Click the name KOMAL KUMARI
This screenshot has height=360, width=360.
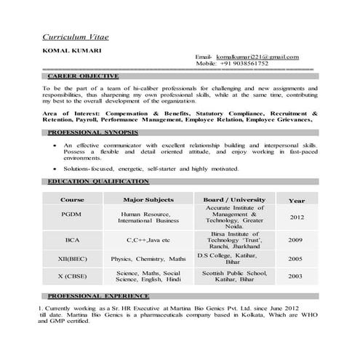point(64,50)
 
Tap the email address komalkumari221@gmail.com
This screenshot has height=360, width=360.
point(252,57)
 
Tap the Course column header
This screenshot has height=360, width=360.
point(72,199)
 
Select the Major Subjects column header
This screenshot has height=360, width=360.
point(148,199)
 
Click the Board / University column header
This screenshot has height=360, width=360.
point(234,199)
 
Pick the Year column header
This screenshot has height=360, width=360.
point(296,200)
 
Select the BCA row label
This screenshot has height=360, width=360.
point(72,239)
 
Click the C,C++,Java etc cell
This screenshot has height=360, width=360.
point(148,239)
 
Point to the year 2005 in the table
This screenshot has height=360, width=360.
point(295,258)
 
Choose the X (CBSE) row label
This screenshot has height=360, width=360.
point(72,276)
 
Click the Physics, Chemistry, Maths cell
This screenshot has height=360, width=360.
point(148,258)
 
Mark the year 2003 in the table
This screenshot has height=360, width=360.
point(295,276)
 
